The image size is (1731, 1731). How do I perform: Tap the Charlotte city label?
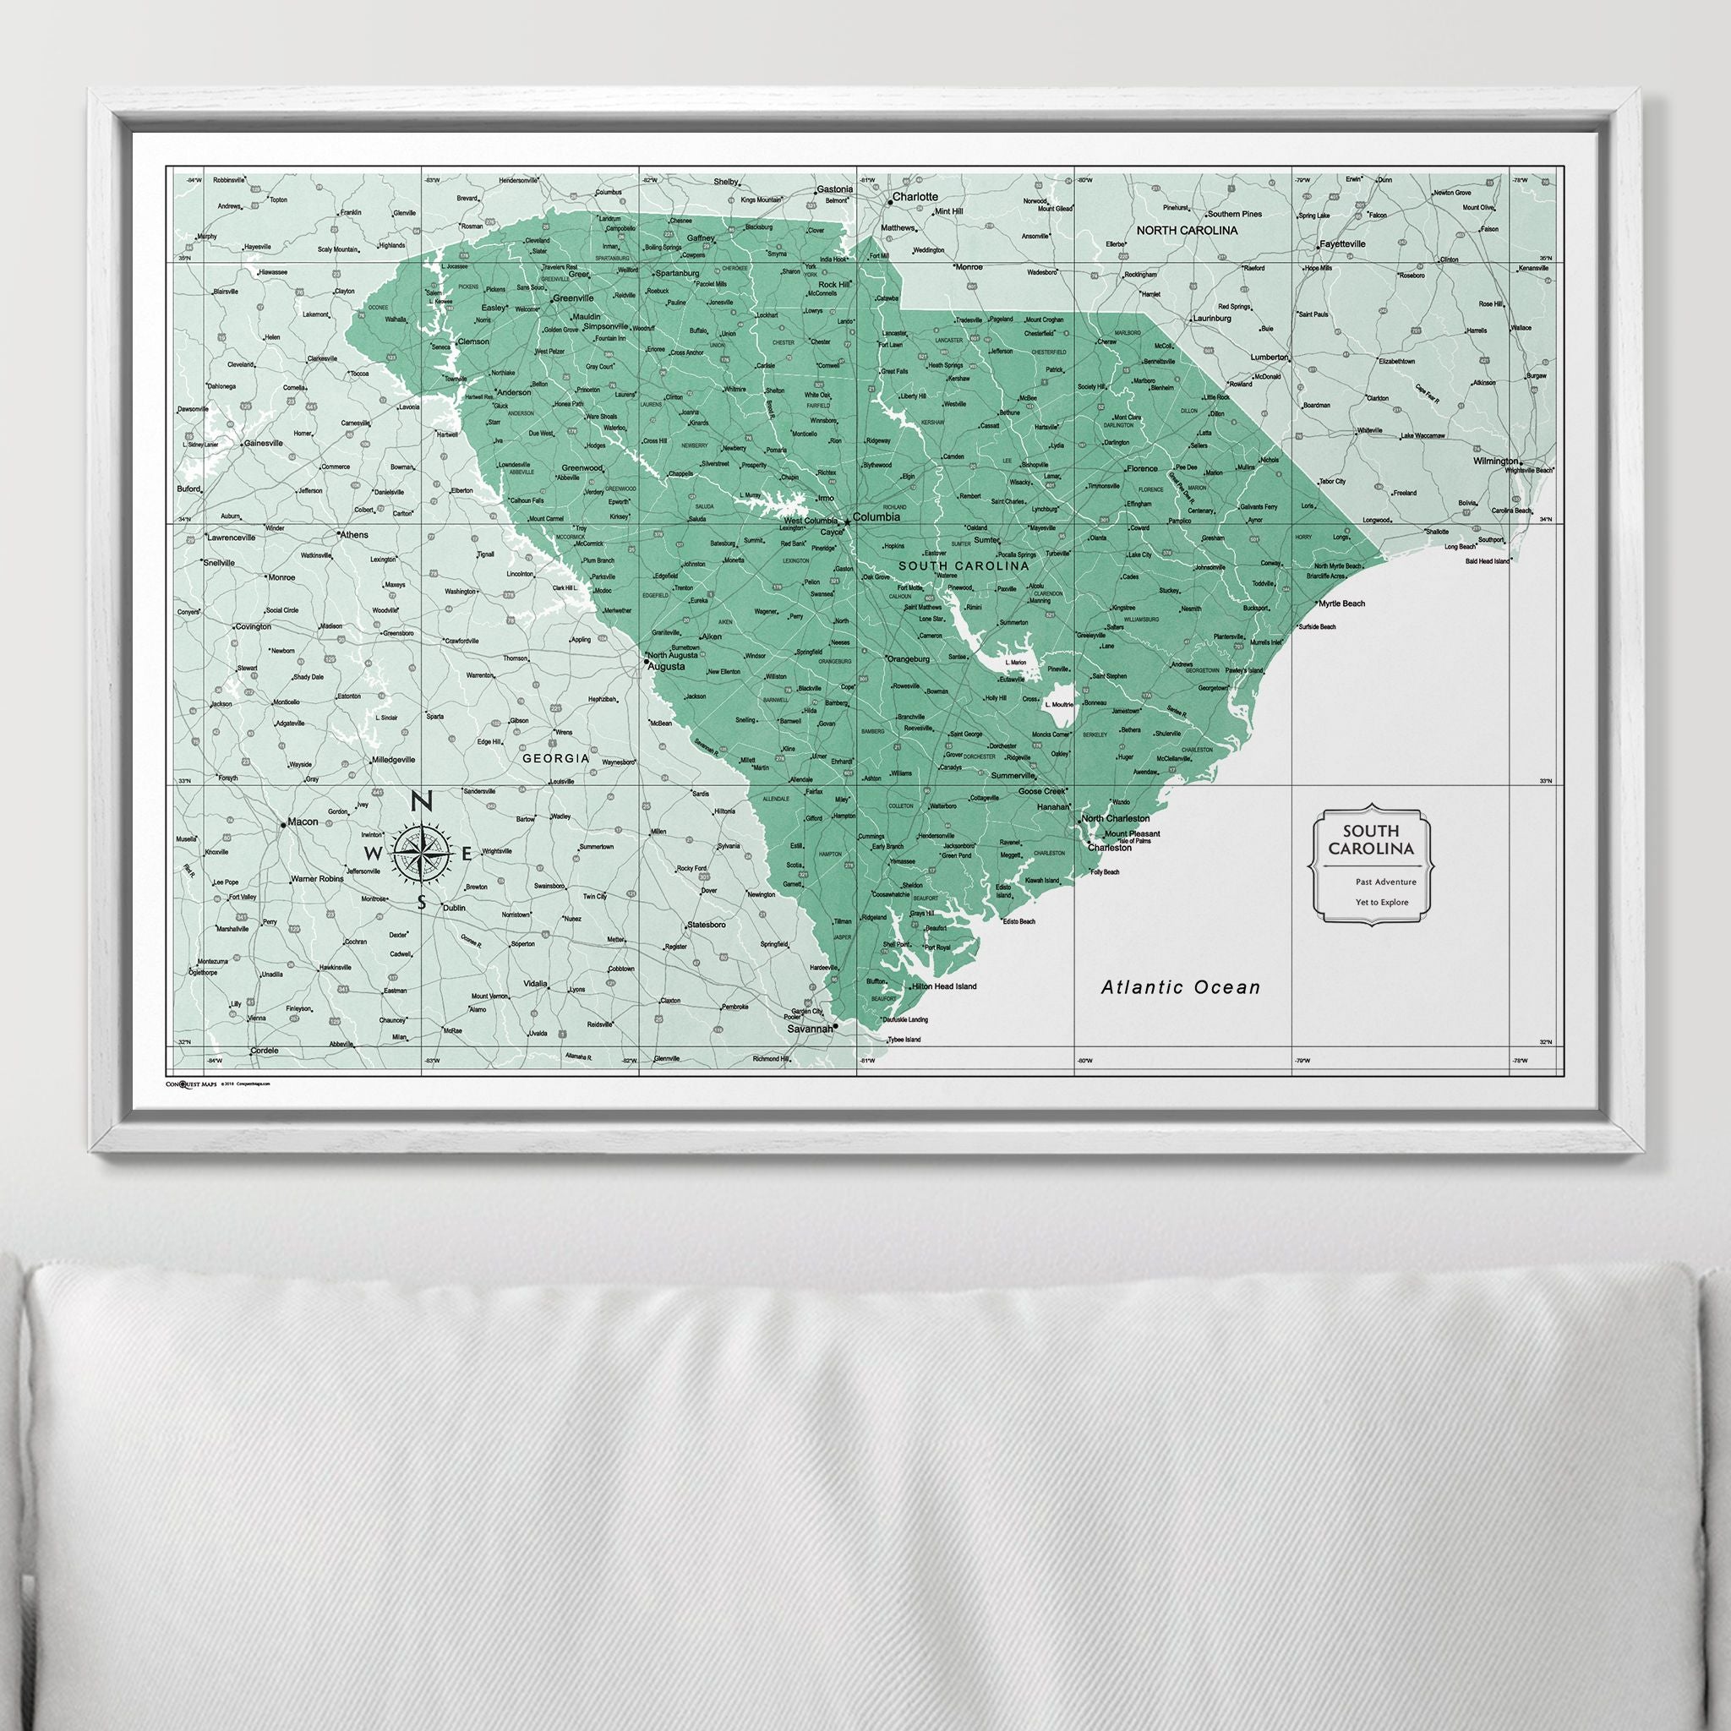pos(915,196)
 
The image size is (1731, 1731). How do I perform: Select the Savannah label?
pos(809,1029)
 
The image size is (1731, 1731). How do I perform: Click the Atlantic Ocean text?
pos(1180,988)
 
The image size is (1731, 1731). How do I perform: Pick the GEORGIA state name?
pos(555,758)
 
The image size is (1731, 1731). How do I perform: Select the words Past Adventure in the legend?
pos(1386,882)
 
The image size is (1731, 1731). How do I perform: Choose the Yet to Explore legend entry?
pos(1382,902)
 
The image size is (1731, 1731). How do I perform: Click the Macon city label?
pos(302,822)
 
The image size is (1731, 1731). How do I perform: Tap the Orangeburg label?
pos(909,659)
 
